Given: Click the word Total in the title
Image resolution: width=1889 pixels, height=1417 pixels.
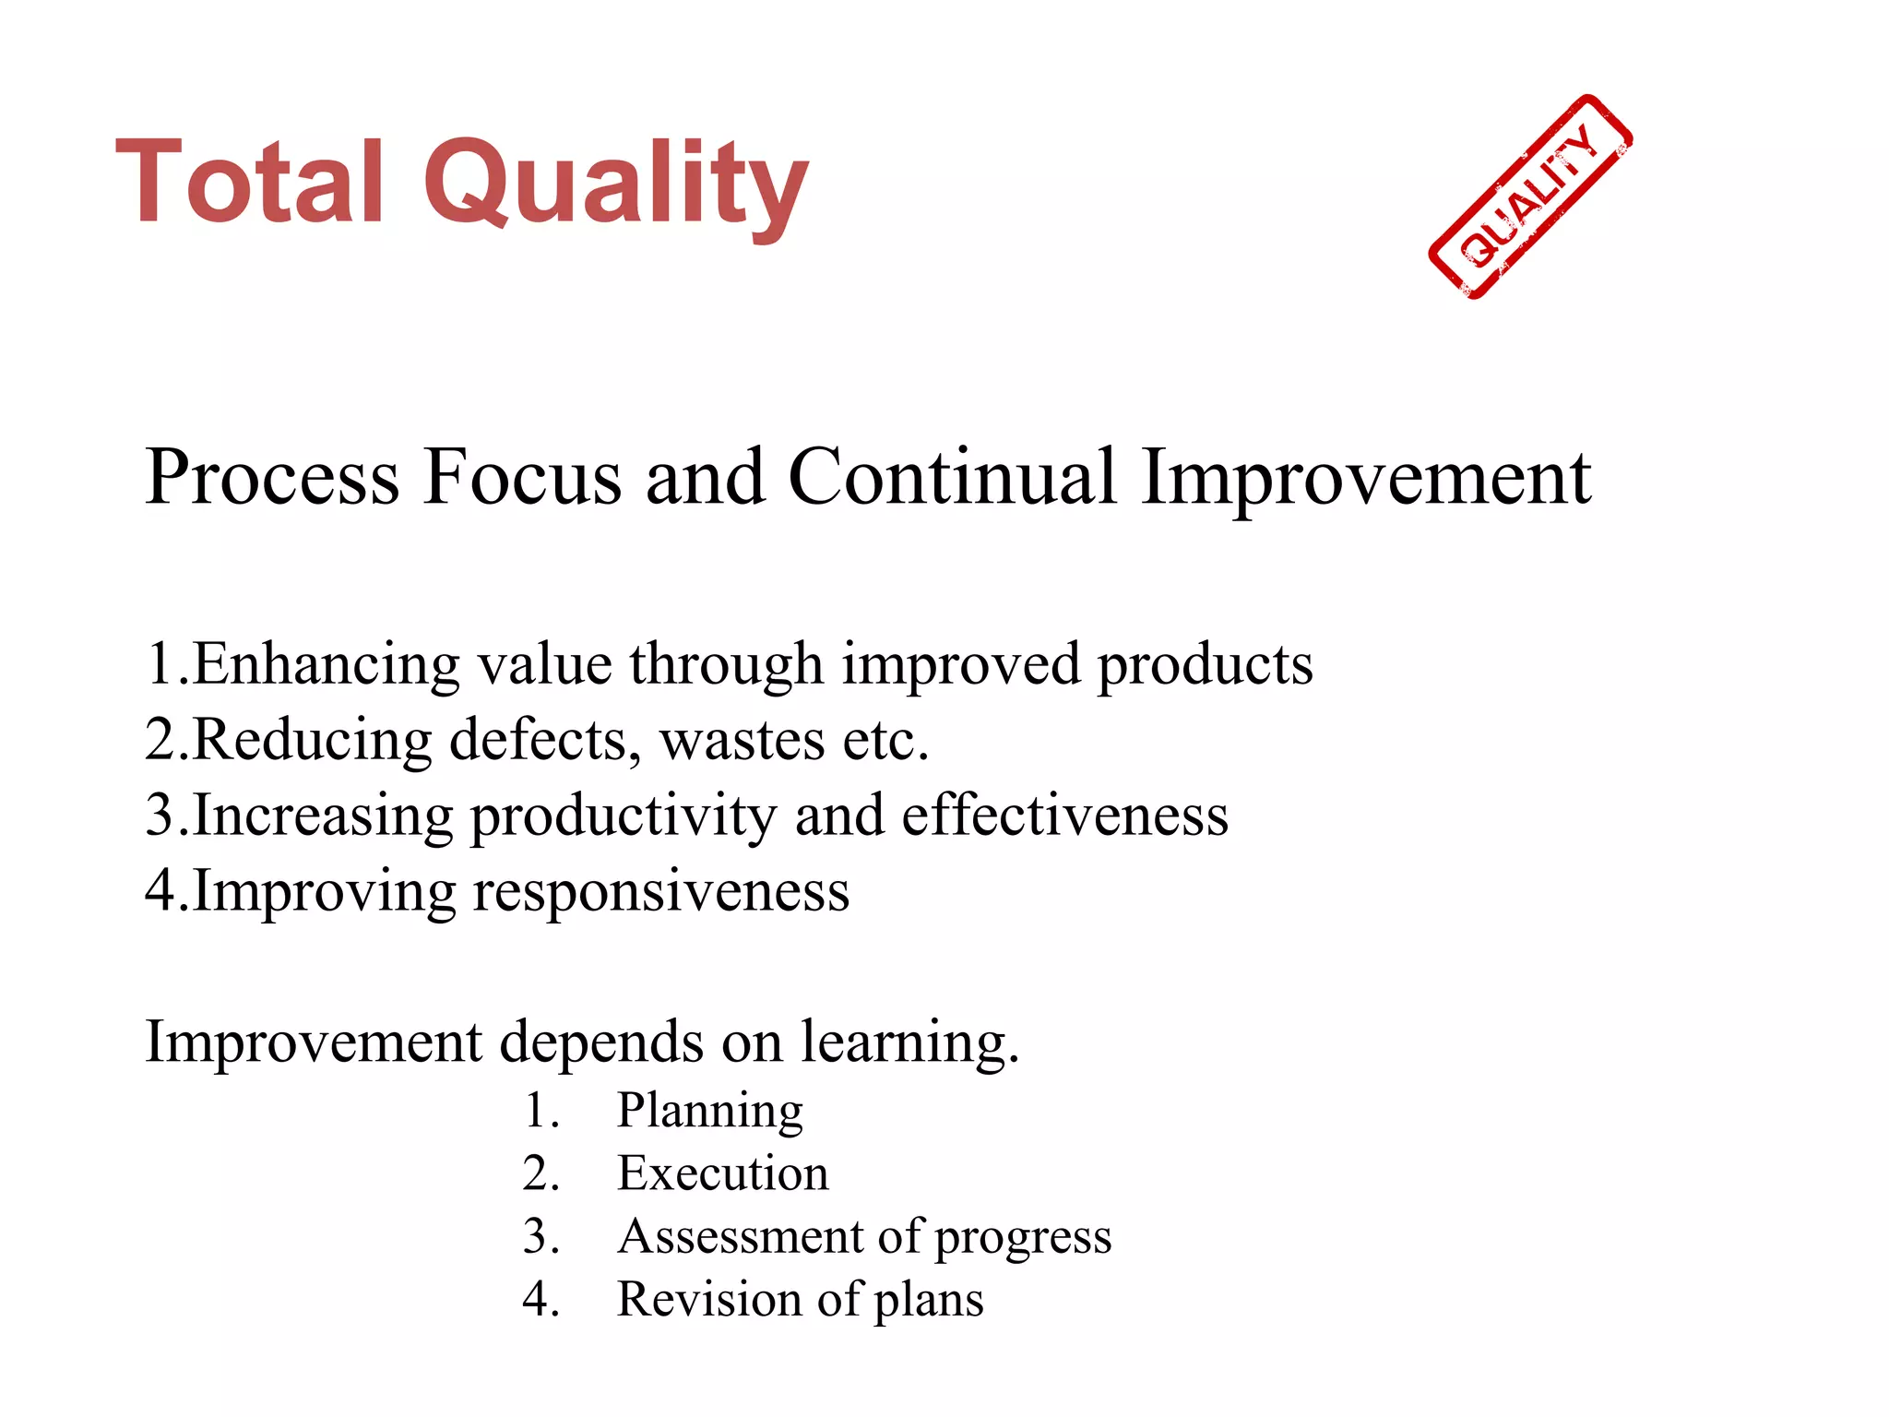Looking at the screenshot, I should click(x=249, y=182).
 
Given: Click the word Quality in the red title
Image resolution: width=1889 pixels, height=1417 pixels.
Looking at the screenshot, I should click(x=615, y=185).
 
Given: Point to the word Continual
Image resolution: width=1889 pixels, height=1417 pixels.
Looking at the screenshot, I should click(x=952, y=478).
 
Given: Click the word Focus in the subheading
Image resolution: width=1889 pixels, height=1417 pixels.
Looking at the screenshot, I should click(x=522, y=478).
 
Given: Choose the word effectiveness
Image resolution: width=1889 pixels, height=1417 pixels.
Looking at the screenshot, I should click(x=1064, y=816).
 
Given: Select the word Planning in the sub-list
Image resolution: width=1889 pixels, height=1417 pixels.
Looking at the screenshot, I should click(x=709, y=1112).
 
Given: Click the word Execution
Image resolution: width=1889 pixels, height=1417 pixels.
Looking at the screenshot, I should click(x=722, y=1173).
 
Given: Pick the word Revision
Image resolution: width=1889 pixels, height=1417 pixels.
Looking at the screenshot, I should click(x=708, y=1299).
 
